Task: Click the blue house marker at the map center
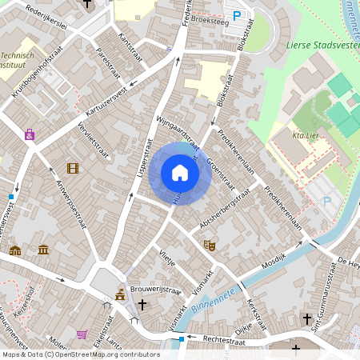(180, 173)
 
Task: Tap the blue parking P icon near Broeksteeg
(236, 15)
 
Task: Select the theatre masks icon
(210, 246)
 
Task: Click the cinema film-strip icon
(73, 168)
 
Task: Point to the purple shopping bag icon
(30, 134)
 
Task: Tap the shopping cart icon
(82, 334)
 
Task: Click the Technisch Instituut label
(17, 60)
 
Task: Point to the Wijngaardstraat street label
(177, 131)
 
